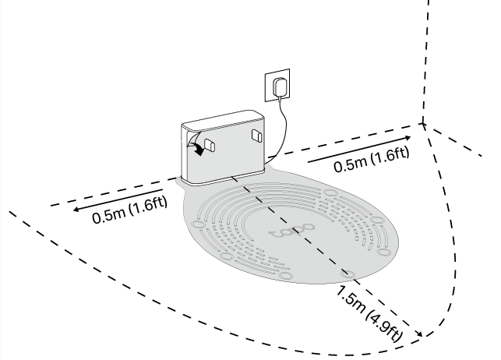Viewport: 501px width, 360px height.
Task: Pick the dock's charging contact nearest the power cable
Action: coord(257,136)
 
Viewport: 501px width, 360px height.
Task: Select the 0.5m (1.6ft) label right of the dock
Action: coord(371,158)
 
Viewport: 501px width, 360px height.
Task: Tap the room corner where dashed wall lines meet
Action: coord(423,122)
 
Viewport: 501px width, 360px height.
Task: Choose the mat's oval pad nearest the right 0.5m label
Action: coord(379,223)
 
